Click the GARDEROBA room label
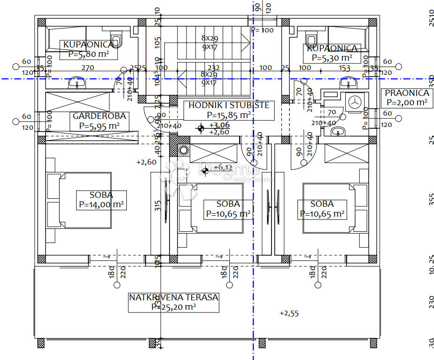coord(99,116)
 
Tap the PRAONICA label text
coord(407,93)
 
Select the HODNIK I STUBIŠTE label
coord(229,105)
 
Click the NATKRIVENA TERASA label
coord(174,297)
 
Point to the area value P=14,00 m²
coord(101,205)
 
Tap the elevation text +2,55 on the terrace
coord(289,313)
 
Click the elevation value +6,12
coord(223,167)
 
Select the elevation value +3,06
coord(219,125)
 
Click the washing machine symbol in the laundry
coord(355,100)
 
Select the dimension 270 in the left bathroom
coord(88,68)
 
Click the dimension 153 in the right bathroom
coord(345,68)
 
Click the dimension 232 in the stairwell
coord(214,68)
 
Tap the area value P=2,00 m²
coord(407,102)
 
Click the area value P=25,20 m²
coord(174,307)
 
